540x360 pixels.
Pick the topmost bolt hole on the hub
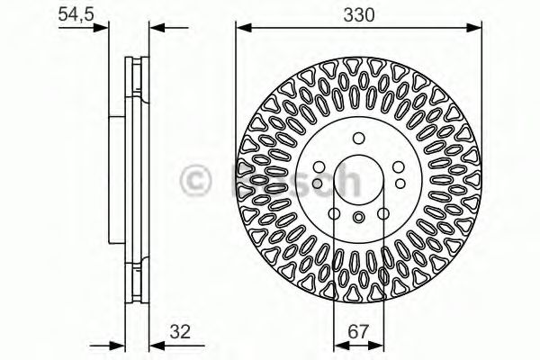[358, 139]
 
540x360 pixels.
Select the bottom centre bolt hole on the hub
[358, 218]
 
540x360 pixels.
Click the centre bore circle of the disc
[358, 178]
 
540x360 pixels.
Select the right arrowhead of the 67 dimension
[379, 342]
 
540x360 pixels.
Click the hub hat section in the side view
[115, 180]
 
